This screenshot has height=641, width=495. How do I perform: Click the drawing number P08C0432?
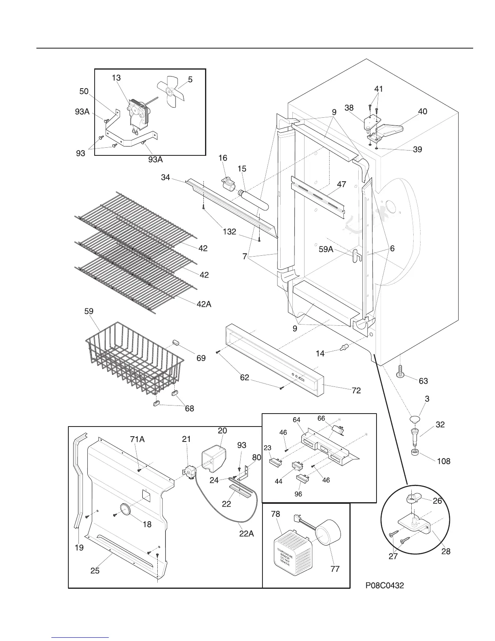point(385,585)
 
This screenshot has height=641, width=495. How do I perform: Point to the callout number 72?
point(356,391)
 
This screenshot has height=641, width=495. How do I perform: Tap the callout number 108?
point(444,461)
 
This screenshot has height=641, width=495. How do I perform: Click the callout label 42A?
point(204,305)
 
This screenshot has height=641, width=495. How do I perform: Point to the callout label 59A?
point(326,250)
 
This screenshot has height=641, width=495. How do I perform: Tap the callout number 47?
point(341,184)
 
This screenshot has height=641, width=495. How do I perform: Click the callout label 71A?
point(137,439)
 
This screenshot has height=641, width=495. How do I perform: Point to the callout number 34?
point(165,177)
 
